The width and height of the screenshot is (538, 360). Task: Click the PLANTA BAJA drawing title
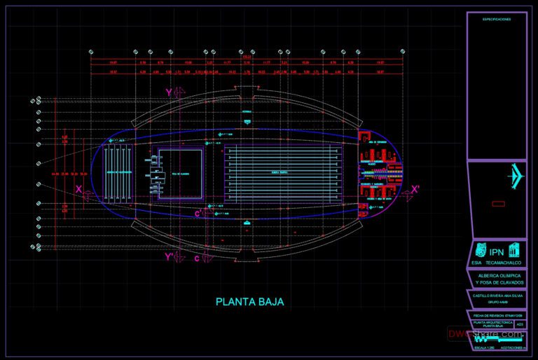249,303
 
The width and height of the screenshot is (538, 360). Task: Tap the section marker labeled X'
415,189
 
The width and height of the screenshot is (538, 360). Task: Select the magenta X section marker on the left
79,189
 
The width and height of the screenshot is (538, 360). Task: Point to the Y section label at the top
169,92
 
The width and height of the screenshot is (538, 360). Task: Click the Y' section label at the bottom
169,257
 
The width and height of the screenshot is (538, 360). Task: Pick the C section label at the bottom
197,258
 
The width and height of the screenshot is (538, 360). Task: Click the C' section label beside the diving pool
199,212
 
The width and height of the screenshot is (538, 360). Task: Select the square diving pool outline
181,174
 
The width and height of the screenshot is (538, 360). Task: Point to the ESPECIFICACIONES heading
497,20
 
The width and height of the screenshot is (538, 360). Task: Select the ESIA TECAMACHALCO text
497,263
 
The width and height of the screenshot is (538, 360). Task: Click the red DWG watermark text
484,334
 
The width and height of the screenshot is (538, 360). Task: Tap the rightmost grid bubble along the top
402,52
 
